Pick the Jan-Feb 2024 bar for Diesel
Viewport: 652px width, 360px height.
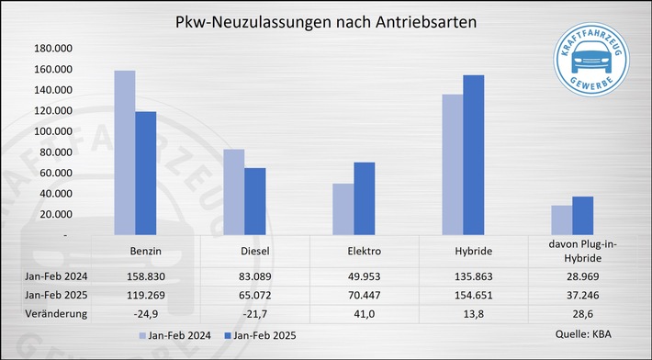(x=233, y=192)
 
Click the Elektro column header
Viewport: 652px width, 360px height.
(x=365, y=251)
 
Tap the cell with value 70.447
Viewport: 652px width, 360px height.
(x=364, y=293)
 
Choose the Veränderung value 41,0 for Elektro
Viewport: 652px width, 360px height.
(x=364, y=313)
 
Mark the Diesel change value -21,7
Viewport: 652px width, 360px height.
(x=255, y=313)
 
